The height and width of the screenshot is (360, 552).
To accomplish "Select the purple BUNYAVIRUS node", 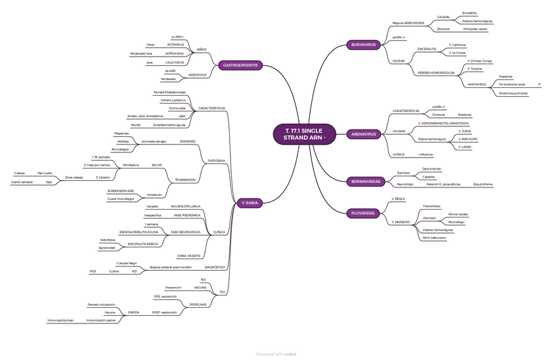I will click(x=363, y=45).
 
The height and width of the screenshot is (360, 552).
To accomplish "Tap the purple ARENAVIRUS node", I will click(x=364, y=134).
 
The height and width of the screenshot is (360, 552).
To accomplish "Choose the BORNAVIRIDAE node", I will click(x=365, y=181).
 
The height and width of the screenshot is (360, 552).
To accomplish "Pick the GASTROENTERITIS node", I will click(x=241, y=65).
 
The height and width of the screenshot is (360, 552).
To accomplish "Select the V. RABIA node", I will click(x=249, y=203).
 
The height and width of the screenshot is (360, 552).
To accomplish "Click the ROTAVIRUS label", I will click(x=176, y=44).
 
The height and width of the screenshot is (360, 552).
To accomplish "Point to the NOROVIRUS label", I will click(x=197, y=75).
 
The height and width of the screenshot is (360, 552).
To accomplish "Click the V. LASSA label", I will click(x=465, y=147).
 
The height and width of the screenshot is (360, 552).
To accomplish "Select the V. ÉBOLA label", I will click(x=398, y=198).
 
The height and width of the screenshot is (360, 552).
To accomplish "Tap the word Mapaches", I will click(x=121, y=133).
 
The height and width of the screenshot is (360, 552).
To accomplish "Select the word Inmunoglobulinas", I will click(x=61, y=320).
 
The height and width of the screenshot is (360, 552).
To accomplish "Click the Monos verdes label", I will click(x=458, y=214).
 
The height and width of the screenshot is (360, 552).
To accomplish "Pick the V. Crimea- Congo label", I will click(x=479, y=61).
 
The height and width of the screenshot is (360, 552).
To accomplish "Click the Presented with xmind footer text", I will click(x=276, y=354).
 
